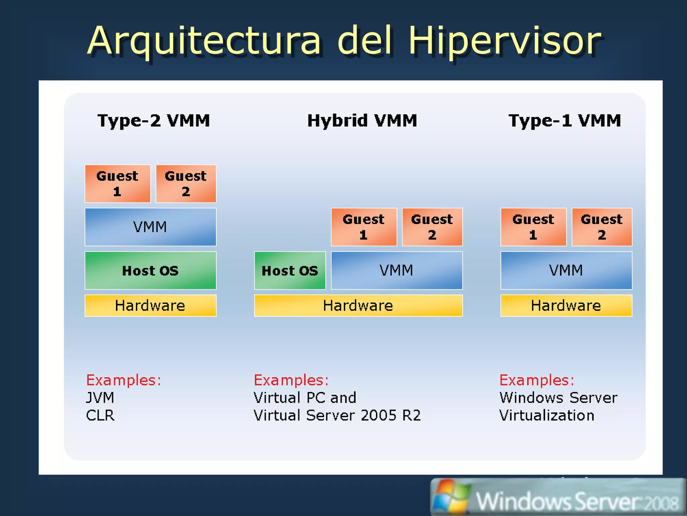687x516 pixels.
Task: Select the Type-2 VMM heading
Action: [154, 121]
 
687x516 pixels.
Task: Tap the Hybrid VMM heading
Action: [362, 121]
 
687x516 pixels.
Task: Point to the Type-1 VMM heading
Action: [565, 121]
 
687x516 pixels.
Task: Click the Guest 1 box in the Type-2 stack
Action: [117, 183]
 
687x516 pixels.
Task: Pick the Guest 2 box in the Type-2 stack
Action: [186, 183]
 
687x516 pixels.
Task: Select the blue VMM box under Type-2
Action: [150, 227]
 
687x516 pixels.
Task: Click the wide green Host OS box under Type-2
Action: [150, 270]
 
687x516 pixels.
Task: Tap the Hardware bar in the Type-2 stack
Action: [150, 305]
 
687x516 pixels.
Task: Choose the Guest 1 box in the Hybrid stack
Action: [364, 227]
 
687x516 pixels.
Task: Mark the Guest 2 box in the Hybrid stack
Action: [432, 227]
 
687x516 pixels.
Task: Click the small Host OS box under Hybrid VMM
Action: [290, 270]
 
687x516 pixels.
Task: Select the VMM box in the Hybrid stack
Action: [397, 270]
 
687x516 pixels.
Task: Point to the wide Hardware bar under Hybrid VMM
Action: [358, 305]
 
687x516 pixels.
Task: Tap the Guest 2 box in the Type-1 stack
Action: [602, 227]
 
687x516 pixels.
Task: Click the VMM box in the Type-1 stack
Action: [566, 270]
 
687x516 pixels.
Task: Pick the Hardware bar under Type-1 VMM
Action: [566, 305]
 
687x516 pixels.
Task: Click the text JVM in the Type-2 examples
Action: [100, 398]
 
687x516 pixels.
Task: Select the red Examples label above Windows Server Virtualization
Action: [537, 380]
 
